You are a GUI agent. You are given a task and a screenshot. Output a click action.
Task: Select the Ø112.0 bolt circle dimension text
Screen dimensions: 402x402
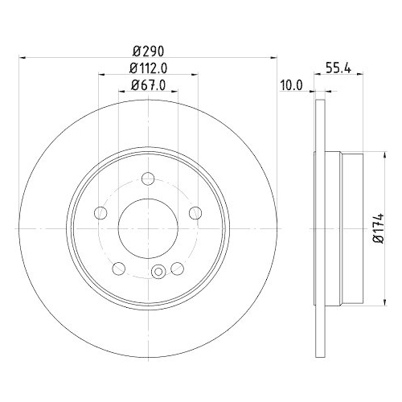pyautogui.click(x=148, y=68)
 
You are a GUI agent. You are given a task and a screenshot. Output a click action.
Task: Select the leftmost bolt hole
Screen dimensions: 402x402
pyautogui.click(x=100, y=213)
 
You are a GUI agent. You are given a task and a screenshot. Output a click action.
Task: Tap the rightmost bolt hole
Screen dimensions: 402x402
pyautogui.click(x=195, y=213)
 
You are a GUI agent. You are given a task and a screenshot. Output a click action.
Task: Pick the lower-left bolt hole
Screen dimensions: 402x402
pyautogui.click(x=119, y=269)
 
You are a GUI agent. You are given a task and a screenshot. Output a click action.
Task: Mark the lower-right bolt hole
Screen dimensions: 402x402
pyautogui.click(x=177, y=269)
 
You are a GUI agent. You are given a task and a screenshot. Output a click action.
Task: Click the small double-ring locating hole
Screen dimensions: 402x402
pyautogui.click(x=158, y=271)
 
